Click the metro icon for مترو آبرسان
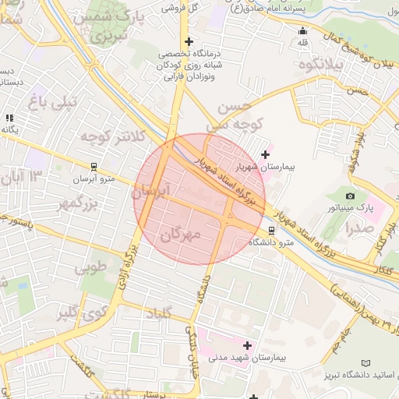coord(94,166)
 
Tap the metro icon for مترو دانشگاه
coord(271,231)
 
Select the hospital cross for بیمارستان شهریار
coord(266,154)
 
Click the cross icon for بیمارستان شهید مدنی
coord(248,344)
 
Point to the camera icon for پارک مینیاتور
coord(350,196)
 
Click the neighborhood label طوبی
coord(90,269)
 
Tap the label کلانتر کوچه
coord(114,137)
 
